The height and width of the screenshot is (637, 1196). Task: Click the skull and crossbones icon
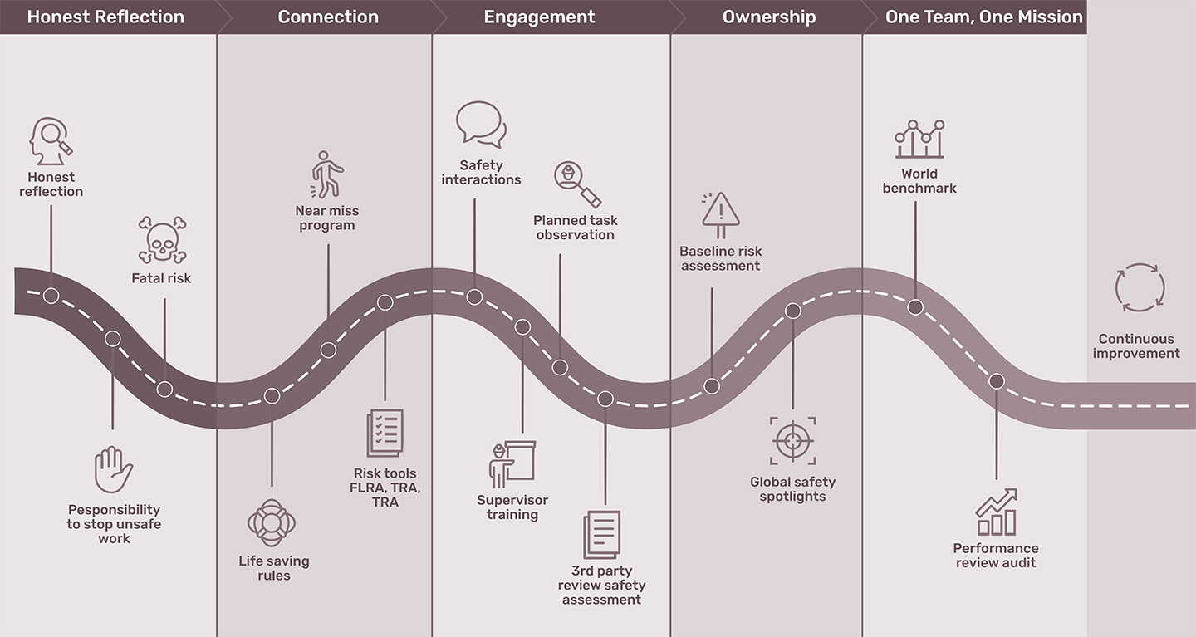tap(162, 241)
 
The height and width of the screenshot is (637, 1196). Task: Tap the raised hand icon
tap(114, 470)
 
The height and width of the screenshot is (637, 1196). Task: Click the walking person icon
tap(326, 175)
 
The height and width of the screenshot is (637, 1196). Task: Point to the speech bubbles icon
tap(481, 125)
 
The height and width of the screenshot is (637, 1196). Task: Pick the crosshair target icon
tap(793, 441)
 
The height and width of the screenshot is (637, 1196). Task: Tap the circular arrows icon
tap(1140, 288)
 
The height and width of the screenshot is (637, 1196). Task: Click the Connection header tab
tap(328, 17)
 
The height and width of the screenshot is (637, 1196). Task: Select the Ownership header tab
tap(769, 17)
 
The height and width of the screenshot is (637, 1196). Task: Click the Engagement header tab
tap(539, 17)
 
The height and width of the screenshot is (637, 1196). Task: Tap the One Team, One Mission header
tap(983, 17)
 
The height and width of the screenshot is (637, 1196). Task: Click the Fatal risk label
tap(161, 278)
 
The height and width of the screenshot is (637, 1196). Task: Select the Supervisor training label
tap(512, 507)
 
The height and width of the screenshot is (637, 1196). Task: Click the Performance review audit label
tap(996, 556)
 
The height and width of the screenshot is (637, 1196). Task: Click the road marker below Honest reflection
tap(51, 296)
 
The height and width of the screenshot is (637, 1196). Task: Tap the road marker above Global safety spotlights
tap(793, 311)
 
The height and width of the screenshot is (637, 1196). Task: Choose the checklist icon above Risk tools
tap(385, 434)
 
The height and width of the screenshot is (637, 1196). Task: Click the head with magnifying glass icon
tap(51, 142)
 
